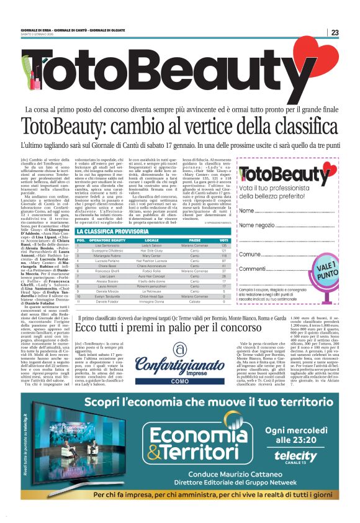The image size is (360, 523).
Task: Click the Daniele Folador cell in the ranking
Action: (107, 302)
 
